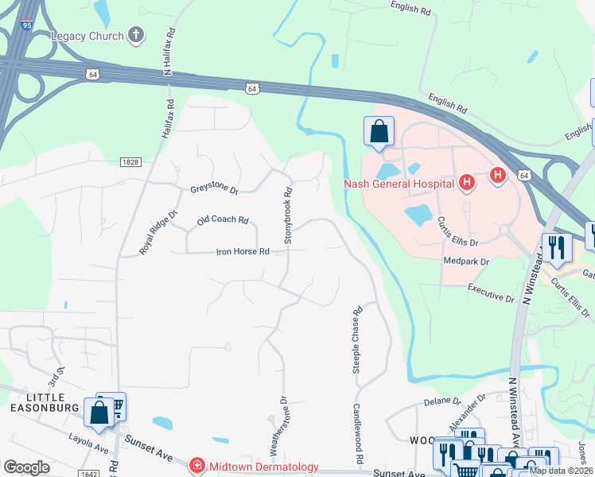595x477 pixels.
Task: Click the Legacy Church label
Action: click(87, 36)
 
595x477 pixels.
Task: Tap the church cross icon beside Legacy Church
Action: click(136, 35)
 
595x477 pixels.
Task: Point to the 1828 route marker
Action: click(130, 161)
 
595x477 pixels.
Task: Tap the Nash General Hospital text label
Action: click(399, 184)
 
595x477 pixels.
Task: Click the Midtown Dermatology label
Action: click(264, 467)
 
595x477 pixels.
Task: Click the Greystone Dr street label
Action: click(214, 189)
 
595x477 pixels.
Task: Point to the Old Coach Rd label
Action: click(223, 220)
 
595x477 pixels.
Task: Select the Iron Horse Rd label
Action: click(243, 252)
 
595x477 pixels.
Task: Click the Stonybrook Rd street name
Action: click(289, 215)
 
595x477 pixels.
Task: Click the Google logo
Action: click(26, 467)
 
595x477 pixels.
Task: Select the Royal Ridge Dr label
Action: click(158, 232)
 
